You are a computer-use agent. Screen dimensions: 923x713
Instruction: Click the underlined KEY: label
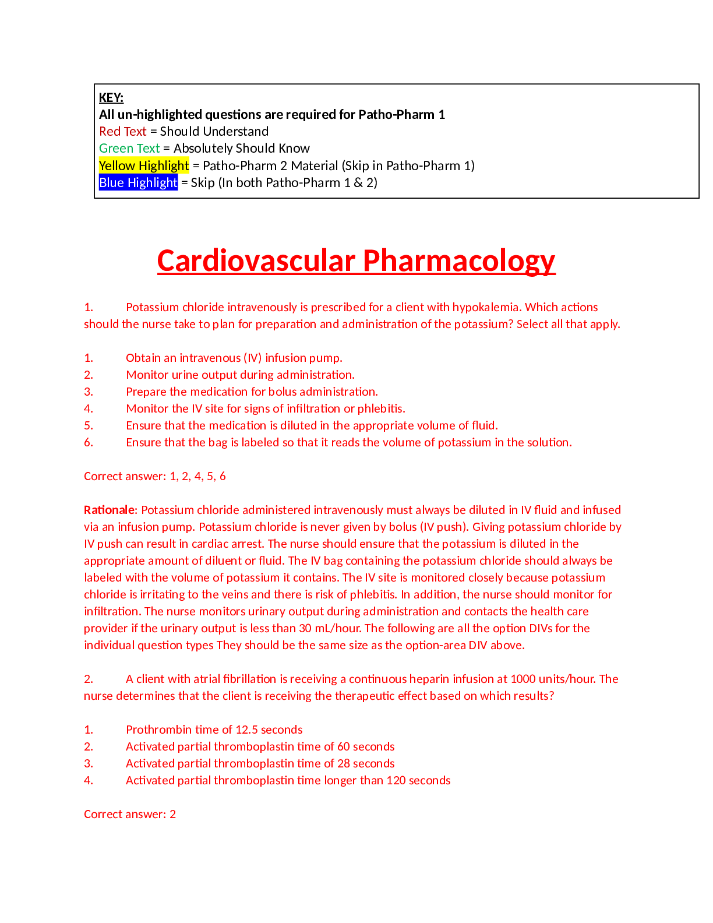tap(111, 98)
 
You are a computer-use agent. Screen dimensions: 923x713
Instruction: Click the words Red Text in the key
tap(122, 132)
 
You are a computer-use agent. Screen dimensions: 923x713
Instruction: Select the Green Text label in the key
tap(129, 149)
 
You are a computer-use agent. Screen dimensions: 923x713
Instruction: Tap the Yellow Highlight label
tap(144, 165)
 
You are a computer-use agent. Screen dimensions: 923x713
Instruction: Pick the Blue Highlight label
tap(138, 182)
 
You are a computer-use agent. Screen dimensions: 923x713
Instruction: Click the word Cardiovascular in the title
tap(255, 260)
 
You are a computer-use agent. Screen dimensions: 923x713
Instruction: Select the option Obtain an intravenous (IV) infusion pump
tap(234, 358)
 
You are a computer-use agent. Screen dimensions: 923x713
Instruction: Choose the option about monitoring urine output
tap(240, 375)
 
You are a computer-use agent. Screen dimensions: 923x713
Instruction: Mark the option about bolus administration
tap(252, 392)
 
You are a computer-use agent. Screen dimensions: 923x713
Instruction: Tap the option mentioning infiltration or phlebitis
tap(265, 408)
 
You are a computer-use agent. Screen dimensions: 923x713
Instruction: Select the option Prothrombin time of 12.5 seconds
tap(214, 730)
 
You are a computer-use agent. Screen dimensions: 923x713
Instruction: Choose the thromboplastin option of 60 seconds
tap(260, 746)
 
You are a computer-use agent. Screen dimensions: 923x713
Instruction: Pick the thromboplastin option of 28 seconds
tap(260, 763)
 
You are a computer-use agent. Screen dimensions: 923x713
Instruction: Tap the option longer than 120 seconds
tap(288, 780)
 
